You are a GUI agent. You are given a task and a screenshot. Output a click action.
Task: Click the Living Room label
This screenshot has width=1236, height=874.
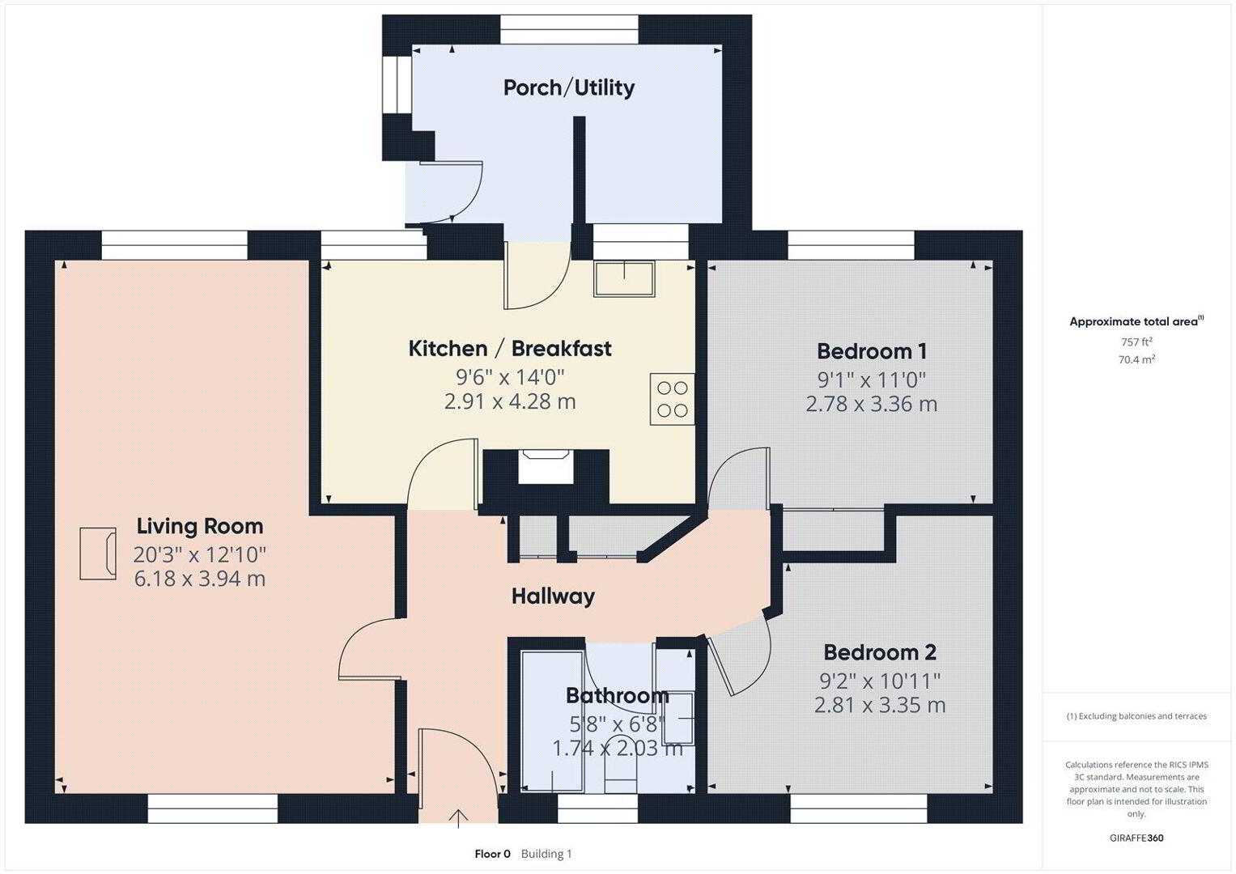[x=200, y=526]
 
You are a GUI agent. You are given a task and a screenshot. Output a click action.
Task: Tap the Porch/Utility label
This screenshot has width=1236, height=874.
[x=569, y=87]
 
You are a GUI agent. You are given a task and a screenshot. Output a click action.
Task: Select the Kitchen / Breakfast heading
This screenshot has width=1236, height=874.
[x=510, y=349]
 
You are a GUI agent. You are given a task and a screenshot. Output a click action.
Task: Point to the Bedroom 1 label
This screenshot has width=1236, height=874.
[x=872, y=351]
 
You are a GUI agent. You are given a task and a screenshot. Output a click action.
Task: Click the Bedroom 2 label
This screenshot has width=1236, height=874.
[x=880, y=652]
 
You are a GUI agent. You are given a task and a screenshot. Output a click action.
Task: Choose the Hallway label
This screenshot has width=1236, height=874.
[x=553, y=596]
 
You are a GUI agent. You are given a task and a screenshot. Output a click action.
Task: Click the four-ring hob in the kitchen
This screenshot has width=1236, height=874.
[x=672, y=399]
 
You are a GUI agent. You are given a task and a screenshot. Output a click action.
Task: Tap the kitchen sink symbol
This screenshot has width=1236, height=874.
[x=624, y=279]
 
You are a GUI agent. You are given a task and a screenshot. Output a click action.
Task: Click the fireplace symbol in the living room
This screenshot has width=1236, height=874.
[x=98, y=554]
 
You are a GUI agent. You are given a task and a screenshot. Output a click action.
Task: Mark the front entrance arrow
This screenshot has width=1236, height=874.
[x=458, y=818]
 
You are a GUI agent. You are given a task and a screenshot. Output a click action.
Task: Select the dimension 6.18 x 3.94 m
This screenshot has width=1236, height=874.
[x=200, y=579]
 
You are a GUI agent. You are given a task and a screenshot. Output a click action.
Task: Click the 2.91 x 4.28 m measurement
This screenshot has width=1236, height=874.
[x=510, y=401]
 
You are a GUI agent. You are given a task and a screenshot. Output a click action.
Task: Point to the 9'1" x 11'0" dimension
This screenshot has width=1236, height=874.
[x=872, y=380]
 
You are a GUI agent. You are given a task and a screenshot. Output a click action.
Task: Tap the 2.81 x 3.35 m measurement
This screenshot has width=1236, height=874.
[x=880, y=705]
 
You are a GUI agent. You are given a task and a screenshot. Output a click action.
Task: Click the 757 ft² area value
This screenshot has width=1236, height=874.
[x=1136, y=342]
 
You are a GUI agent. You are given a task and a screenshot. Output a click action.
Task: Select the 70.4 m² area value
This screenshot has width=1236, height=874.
[x=1136, y=360]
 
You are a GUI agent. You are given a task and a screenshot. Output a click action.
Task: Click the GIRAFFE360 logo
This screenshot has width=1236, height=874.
[x=1136, y=838]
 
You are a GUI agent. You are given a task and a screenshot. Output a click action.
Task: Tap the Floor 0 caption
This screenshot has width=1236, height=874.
[x=493, y=854]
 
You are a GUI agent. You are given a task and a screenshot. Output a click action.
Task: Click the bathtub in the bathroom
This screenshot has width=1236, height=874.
[x=552, y=722]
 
